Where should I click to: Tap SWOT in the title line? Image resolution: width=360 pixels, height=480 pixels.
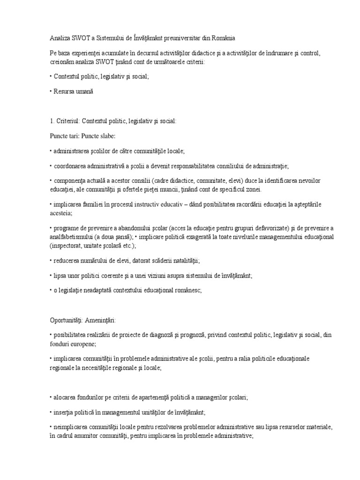point(79,37)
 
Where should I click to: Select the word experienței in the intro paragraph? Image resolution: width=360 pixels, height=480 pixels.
point(88,53)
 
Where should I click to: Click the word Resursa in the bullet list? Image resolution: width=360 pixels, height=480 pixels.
point(64,91)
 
